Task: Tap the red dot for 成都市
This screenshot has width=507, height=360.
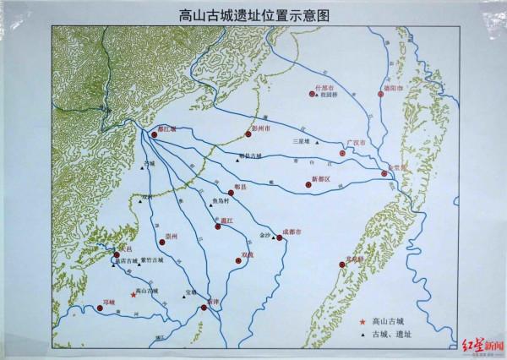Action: click(x=281, y=238)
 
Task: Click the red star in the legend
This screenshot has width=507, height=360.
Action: click(x=362, y=322)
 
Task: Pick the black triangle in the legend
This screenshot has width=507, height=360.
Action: click(x=362, y=335)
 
